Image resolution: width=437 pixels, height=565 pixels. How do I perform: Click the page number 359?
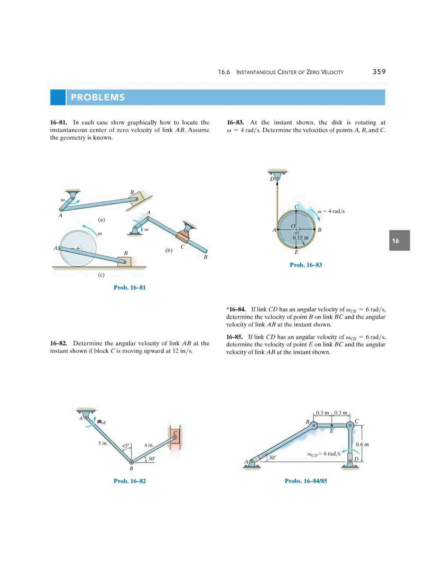pos(379,72)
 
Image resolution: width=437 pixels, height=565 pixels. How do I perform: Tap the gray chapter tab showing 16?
pos(399,240)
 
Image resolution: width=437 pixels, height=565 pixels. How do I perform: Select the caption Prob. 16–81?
pos(130,287)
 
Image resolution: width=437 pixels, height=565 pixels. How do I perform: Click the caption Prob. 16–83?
pos(306,265)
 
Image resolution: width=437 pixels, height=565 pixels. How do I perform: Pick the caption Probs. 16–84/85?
pos(306,481)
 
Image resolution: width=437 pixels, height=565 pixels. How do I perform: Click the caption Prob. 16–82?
pos(130,481)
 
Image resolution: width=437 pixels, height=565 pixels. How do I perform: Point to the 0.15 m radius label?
pos(301,238)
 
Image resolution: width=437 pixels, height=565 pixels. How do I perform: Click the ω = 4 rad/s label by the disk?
pos(331,211)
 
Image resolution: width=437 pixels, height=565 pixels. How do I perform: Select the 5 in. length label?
pos(103,443)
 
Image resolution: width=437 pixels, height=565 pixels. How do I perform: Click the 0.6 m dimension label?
pos(362,445)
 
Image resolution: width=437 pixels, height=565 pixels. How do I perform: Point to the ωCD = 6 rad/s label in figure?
pos(324,454)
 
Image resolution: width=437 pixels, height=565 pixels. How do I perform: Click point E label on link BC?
pos(332,431)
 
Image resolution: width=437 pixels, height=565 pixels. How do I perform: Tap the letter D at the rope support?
pos(272,179)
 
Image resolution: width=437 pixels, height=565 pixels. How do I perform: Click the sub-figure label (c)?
pos(101,275)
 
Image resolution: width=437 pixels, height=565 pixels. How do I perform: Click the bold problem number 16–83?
pos(235,122)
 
